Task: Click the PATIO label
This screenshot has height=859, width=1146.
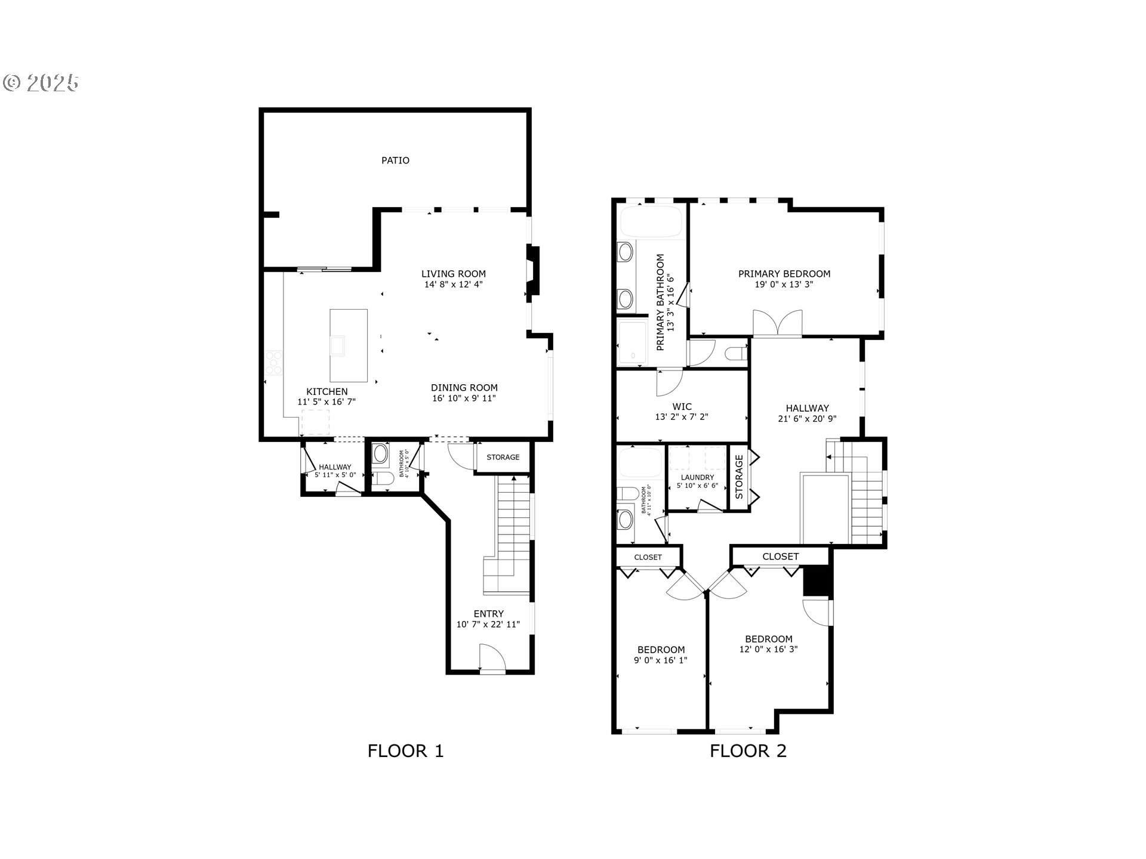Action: click(x=395, y=160)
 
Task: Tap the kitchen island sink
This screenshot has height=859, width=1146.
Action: click(x=338, y=345)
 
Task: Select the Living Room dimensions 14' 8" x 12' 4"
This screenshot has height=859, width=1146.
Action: click(x=453, y=285)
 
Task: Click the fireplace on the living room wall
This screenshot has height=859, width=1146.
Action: click(x=532, y=270)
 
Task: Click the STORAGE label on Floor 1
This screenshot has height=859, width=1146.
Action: click(x=503, y=458)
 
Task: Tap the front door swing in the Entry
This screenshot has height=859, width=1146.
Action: click(x=492, y=657)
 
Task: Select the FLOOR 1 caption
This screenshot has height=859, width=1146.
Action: click(x=405, y=751)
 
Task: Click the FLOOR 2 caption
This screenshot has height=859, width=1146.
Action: click(x=748, y=751)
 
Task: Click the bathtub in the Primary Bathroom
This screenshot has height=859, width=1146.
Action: click(x=651, y=222)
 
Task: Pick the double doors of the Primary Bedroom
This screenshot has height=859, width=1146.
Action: click(x=777, y=323)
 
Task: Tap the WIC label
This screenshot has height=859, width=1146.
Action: click(x=682, y=407)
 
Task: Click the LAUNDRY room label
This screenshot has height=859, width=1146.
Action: click(x=697, y=478)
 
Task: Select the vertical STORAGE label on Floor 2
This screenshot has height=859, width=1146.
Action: click(x=739, y=477)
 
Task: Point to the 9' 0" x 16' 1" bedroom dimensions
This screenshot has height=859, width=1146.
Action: click(x=661, y=660)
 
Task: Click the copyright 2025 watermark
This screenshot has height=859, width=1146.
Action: click(x=41, y=83)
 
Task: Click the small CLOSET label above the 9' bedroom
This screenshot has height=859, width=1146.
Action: click(x=648, y=557)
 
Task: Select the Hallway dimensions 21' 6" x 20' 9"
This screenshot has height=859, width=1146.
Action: click(x=807, y=419)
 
